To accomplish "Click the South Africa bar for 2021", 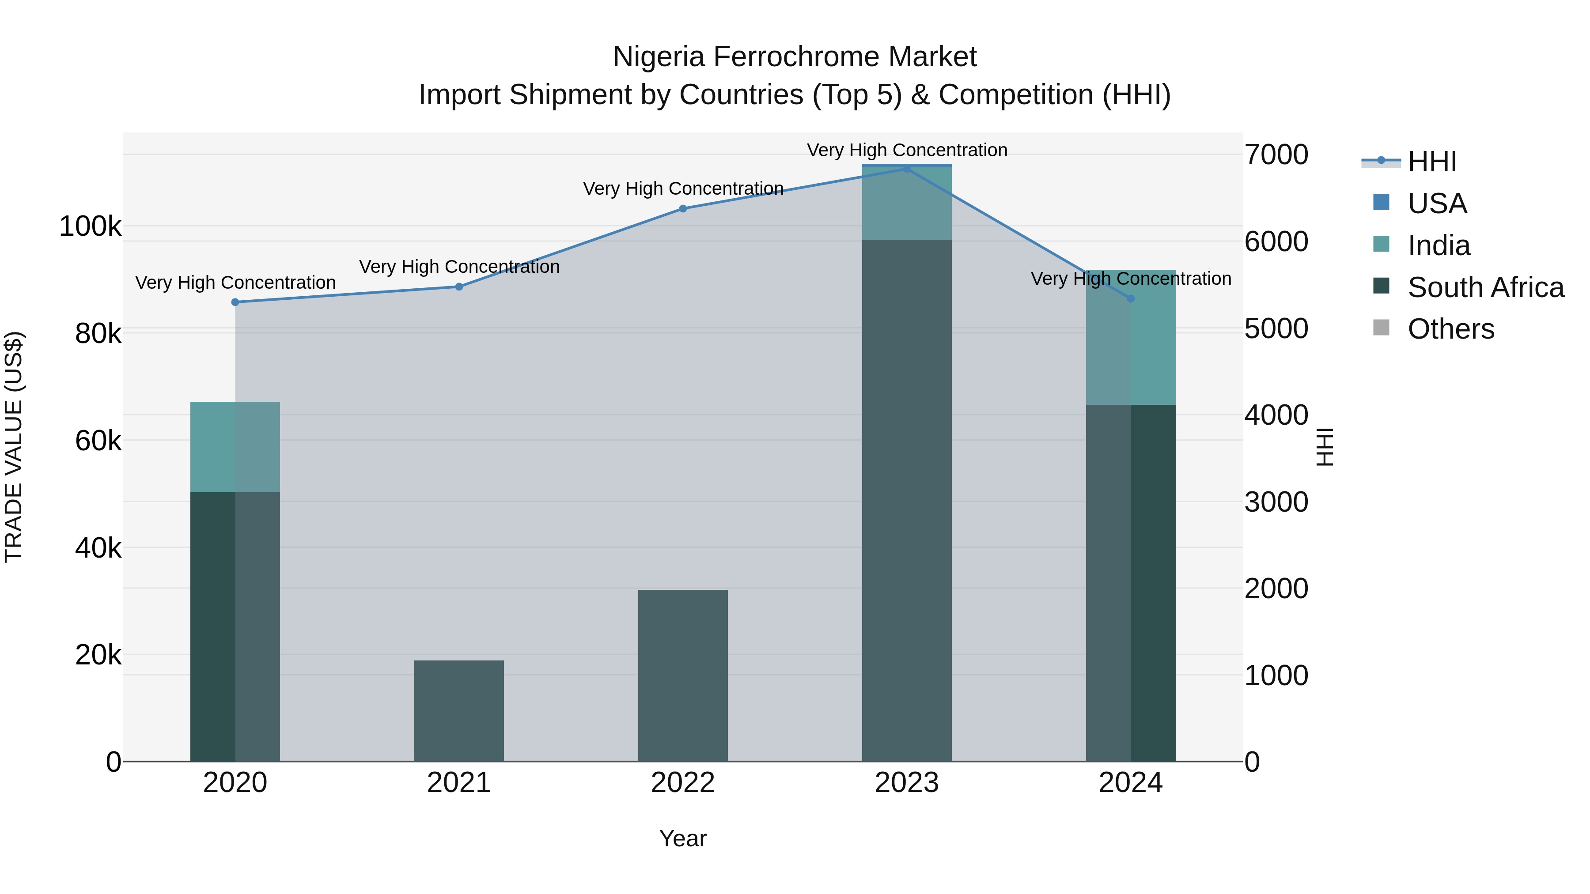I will tap(458, 710).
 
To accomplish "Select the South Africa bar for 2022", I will tap(683, 675).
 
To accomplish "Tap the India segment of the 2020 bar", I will tap(235, 447).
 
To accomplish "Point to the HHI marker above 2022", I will tap(683, 208).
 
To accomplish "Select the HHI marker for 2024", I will tap(1130, 298).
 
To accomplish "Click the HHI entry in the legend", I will tap(1431, 162).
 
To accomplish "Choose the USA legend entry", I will tap(1436, 204).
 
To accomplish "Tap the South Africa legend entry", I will tap(1484, 287).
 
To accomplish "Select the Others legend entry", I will tap(1450, 329).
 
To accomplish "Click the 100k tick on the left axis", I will tap(90, 226).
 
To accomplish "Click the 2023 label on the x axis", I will tap(906, 783).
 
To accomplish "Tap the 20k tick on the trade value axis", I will tap(98, 655).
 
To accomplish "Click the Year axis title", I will tap(683, 838).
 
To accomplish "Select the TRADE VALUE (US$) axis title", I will tap(14, 447).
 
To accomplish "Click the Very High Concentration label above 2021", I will tap(459, 267).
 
